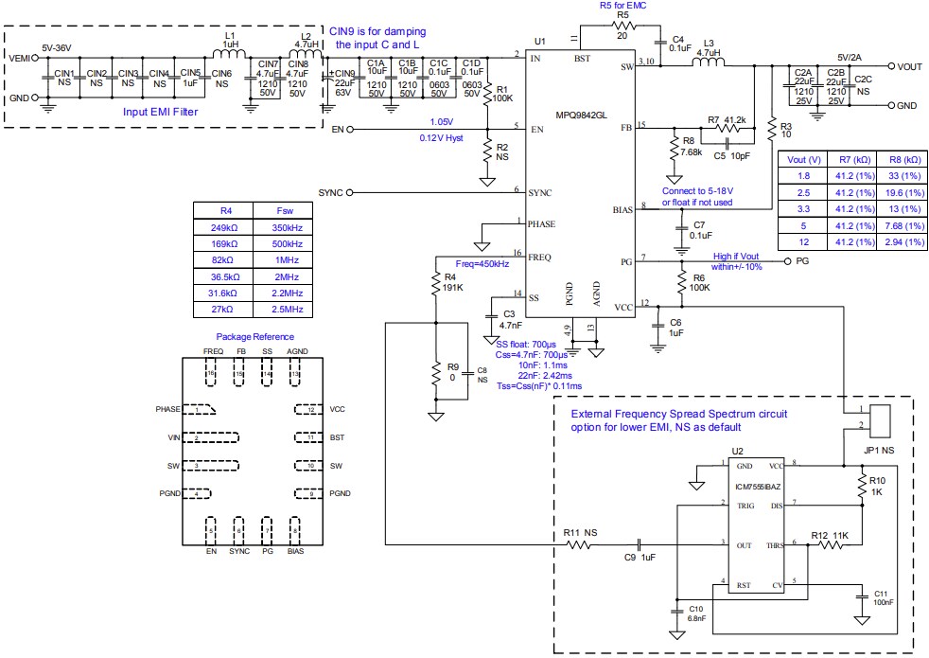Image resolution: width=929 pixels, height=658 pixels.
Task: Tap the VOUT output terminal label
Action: pyautogui.click(x=909, y=66)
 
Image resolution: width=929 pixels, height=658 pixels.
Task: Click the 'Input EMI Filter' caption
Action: pyautogui.click(x=167, y=111)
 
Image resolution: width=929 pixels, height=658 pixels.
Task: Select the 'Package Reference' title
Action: pyautogui.click(x=254, y=337)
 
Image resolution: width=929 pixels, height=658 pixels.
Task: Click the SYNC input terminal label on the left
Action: pyautogui.click(x=331, y=192)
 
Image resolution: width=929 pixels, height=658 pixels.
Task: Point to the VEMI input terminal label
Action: pyautogui.click(x=19, y=59)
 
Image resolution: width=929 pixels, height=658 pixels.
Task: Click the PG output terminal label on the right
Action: pyautogui.click(x=801, y=259)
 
